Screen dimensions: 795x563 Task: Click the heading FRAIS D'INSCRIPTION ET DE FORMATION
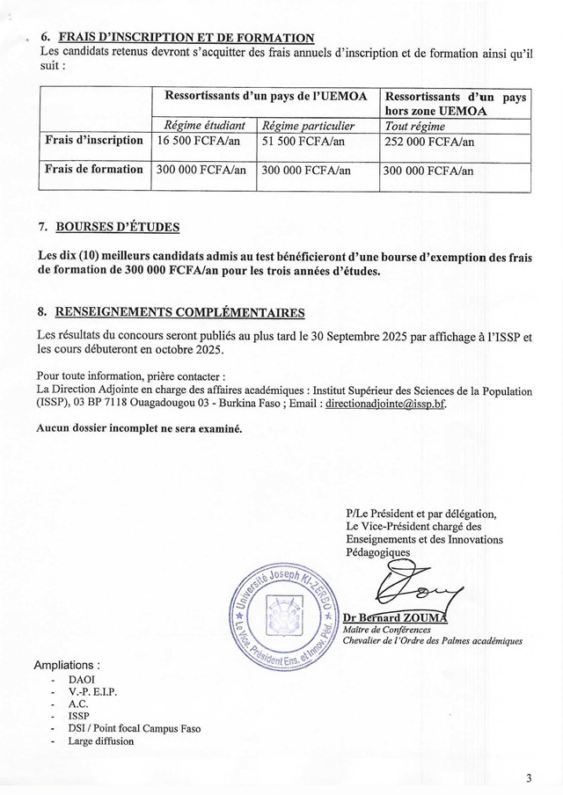tap(184, 38)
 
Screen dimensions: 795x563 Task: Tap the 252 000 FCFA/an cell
tap(430, 142)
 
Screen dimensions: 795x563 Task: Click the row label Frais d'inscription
tap(94, 141)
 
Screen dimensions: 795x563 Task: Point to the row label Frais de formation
tap(94, 170)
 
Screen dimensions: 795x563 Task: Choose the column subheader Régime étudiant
tap(199, 125)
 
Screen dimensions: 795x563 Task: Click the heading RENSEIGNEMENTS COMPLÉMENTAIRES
tap(180, 312)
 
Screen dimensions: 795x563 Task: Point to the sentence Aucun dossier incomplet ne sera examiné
tap(139, 429)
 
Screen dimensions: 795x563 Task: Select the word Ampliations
tap(66, 664)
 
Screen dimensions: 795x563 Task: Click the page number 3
tap(529, 778)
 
